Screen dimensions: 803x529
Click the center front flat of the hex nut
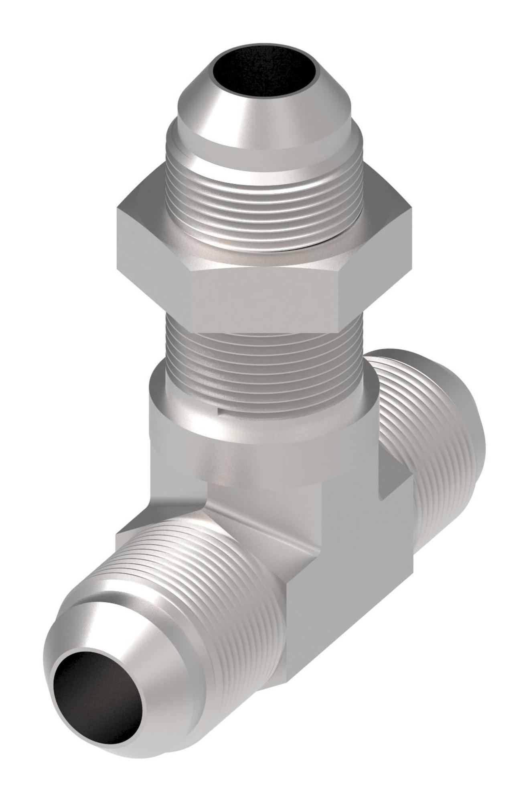(x=265, y=297)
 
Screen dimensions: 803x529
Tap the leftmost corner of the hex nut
(x=118, y=209)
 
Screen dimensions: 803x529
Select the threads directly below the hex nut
(x=265, y=361)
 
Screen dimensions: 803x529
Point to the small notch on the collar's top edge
(x=220, y=410)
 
